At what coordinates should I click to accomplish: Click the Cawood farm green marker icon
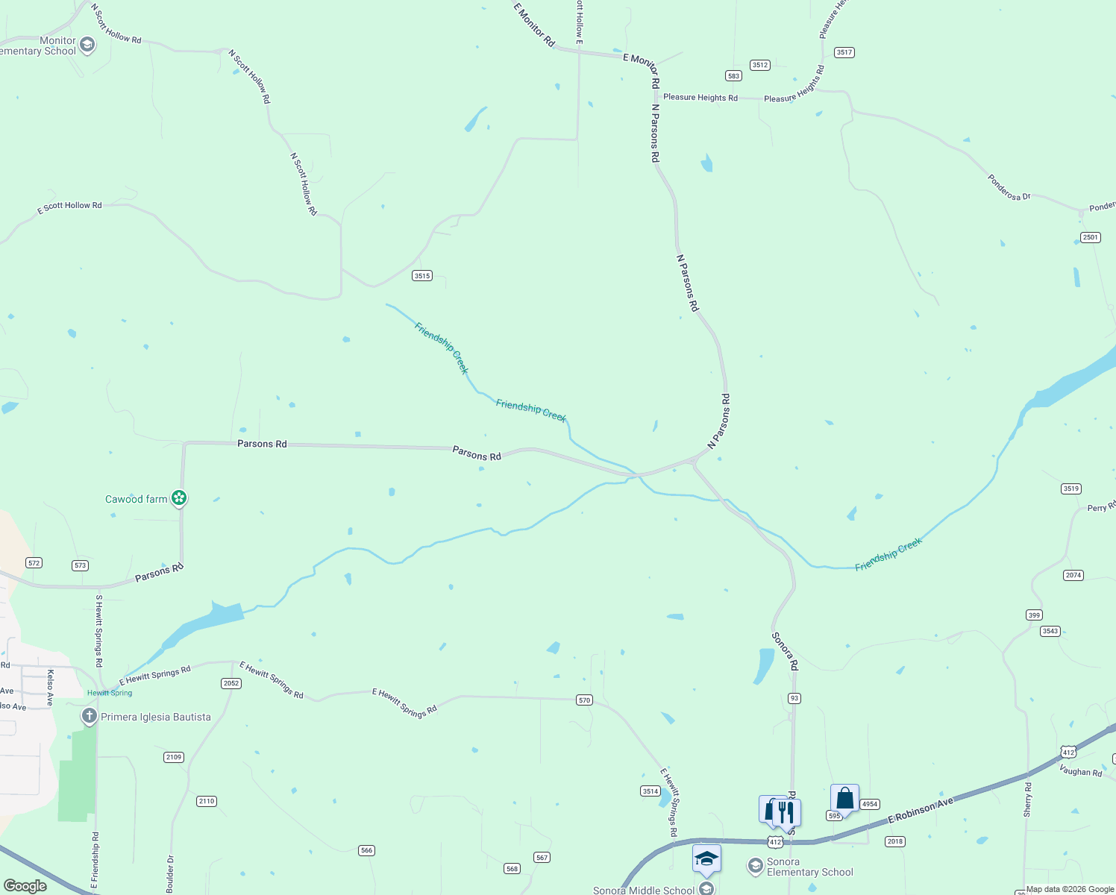[x=178, y=498]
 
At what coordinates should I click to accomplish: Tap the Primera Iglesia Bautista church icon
[x=89, y=717]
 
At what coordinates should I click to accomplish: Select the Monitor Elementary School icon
[x=87, y=45]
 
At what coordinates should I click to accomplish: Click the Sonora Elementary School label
[x=809, y=867]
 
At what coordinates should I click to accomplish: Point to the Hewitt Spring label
[x=110, y=693]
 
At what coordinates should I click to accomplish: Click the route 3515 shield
[x=422, y=276]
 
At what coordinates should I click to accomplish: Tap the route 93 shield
[x=794, y=698]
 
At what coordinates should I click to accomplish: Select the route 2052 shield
[x=231, y=683]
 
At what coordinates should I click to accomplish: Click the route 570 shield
[x=584, y=700]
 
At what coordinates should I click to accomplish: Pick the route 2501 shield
[x=1090, y=237]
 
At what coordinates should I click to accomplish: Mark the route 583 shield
[x=733, y=75]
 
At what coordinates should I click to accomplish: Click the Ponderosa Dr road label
[x=1009, y=187]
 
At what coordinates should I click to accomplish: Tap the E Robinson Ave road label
[x=921, y=811]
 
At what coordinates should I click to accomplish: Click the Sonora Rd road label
[x=785, y=651]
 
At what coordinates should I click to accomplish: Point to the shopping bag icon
[x=844, y=798]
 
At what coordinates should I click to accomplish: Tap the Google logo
[x=25, y=886]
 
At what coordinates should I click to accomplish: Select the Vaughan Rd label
[x=1080, y=771]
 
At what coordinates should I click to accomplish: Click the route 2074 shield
[x=1073, y=575]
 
